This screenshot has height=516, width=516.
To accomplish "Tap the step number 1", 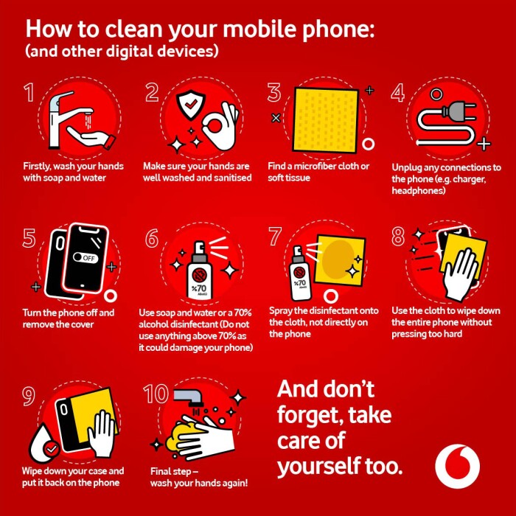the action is click(x=29, y=92).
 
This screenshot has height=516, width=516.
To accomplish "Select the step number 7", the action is click(x=275, y=237).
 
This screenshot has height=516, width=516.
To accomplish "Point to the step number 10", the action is click(x=156, y=394).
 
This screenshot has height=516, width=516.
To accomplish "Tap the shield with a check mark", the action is click(x=190, y=105).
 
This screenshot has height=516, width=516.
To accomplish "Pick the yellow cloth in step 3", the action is click(x=325, y=119).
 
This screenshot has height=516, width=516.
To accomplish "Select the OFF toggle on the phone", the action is click(x=86, y=258).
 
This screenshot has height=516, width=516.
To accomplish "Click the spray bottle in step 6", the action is click(x=199, y=271).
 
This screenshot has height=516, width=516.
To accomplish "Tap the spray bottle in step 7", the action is click(x=299, y=273).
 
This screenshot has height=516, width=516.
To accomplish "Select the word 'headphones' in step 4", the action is click(x=418, y=191).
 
